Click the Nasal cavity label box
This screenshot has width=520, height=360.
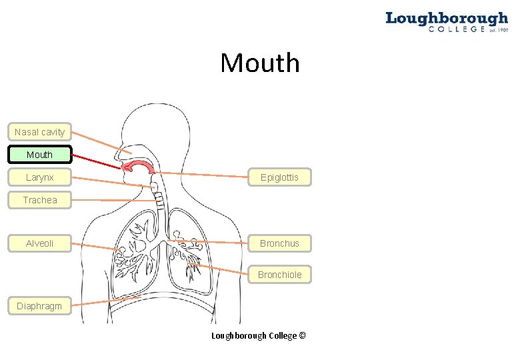pos(39,132)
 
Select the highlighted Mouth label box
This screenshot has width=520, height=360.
pos(39,155)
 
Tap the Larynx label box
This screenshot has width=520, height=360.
pos(39,177)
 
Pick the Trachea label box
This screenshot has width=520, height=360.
pos(39,200)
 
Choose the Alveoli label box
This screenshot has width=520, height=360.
pos(39,243)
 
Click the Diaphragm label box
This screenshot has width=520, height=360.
pos(39,306)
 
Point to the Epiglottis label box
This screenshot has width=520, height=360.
pos(279,177)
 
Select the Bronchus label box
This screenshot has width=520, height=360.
pos(279,243)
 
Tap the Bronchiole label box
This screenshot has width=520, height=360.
pos(279,275)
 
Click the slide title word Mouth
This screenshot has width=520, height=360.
pos(260,63)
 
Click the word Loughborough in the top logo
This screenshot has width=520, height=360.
pos(446,18)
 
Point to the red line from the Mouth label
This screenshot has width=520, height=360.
pos(97,161)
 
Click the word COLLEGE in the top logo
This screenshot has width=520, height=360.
pos(457,29)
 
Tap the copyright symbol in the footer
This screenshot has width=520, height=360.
pos(302,335)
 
